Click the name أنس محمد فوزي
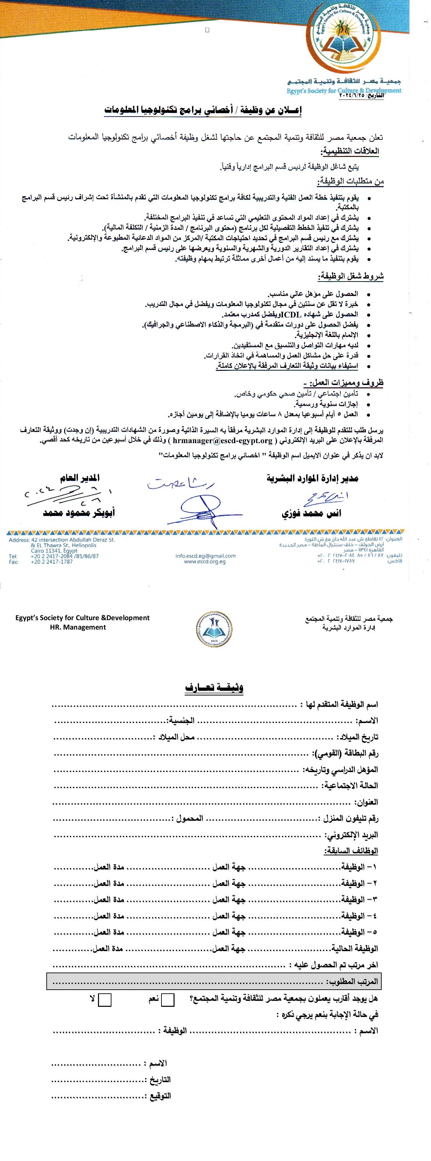coord(311,513)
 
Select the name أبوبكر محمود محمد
coord(79,513)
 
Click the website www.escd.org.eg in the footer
coord(205,562)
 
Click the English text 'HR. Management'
coord(78,627)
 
